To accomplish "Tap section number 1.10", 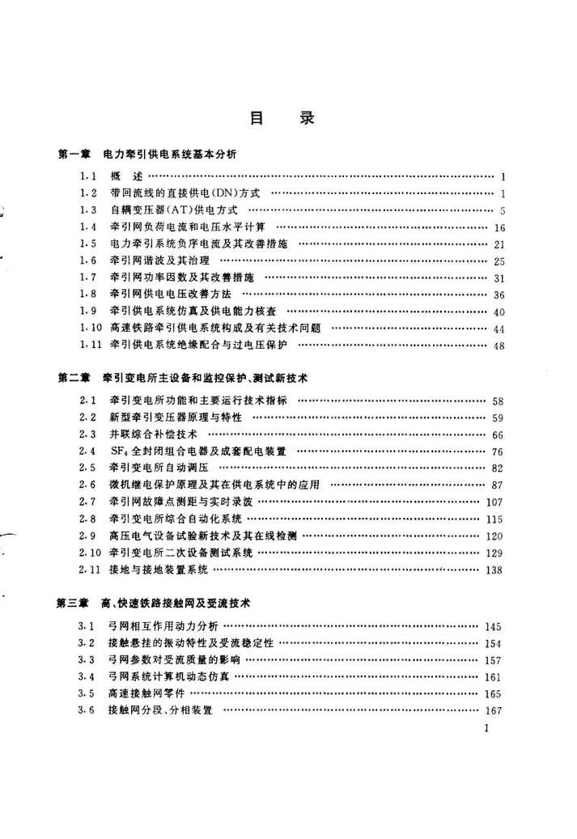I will click(x=91, y=328).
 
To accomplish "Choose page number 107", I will click(x=494, y=502).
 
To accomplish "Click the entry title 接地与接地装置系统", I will click(x=159, y=570).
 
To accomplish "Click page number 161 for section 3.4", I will click(x=494, y=677).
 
